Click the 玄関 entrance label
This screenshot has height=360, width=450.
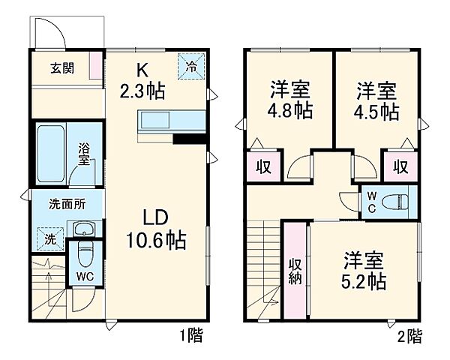coord(63,68)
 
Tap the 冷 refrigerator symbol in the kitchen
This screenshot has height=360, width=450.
coord(191,66)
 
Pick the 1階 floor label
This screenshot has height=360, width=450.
coord(190,335)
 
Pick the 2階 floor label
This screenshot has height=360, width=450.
coord(409,335)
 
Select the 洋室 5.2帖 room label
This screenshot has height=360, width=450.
coord(364,271)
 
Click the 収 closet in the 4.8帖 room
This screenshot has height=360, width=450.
coord(263,165)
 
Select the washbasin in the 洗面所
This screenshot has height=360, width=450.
coord(83,229)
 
